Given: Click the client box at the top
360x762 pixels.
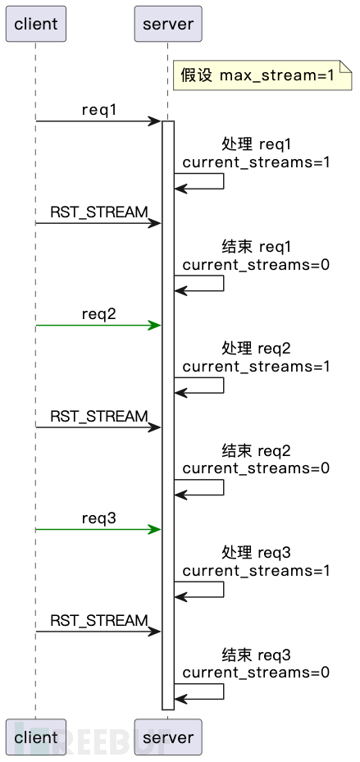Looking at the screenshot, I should (35, 24).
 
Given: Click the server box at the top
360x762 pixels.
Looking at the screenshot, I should (167, 24).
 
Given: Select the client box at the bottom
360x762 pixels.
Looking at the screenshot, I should (35, 737).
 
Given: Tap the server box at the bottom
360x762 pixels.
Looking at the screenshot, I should (167, 737).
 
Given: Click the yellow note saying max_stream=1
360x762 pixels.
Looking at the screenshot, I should (259, 75).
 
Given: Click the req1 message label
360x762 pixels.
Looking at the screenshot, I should (98, 110).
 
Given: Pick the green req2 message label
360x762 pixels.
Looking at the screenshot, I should (98, 314).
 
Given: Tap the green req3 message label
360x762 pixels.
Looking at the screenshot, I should (98, 518).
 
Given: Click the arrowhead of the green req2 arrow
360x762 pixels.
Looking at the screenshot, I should (155, 326).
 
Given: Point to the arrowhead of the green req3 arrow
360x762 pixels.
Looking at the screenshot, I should (155, 530).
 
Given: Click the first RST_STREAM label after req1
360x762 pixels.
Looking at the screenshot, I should (98, 212).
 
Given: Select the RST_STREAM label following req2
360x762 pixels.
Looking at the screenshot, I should (98, 417).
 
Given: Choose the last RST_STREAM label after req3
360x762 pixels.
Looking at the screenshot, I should (98, 621).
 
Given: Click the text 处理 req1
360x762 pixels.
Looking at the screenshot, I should (256, 144).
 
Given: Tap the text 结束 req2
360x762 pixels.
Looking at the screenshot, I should (256, 451).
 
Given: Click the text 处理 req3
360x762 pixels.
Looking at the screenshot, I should (256, 553).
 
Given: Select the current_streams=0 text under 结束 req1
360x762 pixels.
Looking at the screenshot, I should (256, 264).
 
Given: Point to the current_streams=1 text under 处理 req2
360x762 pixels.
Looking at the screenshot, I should (256, 366).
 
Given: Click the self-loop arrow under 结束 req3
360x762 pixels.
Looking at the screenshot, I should (201, 691).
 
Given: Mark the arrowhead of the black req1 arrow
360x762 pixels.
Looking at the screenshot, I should (155, 121).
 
